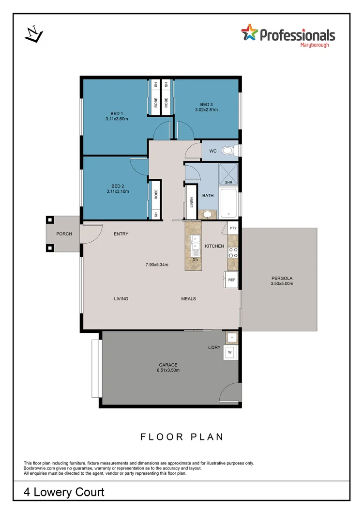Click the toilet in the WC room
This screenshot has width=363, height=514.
(x=228, y=151)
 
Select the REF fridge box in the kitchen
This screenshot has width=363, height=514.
(x=231, y=280)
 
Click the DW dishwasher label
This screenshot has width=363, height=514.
(x=196, y=260)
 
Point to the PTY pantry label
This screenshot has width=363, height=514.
(x=233, y=228)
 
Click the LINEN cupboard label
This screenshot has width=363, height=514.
(x=192, y=202)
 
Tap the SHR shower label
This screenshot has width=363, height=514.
(x=229, y=183)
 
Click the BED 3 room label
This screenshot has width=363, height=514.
(x=207, y=104)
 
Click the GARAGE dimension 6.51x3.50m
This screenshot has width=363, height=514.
(x=168, y=370)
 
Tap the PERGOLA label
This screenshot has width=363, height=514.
(x=282, y=278)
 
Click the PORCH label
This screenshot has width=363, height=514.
(x=64, y=234)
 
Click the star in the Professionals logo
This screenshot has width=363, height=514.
(x=250, y=33)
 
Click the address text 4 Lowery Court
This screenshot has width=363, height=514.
(x=64, y=492)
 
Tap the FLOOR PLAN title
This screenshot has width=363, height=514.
(x=182, y=437)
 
